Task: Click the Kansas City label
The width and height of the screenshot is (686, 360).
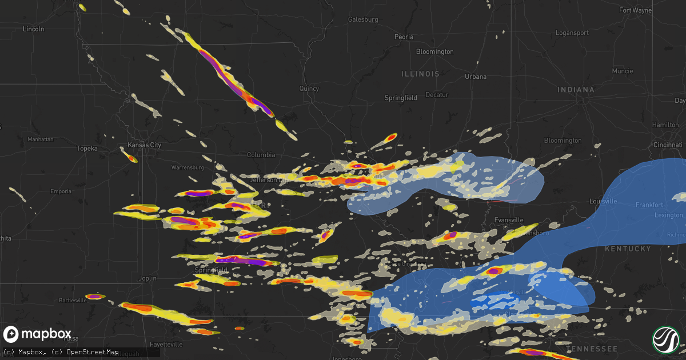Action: [144, 145]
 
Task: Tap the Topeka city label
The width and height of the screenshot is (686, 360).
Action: [87, 149]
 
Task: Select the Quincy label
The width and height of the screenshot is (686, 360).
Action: [309, 89]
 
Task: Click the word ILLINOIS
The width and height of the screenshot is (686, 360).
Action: [420, 74]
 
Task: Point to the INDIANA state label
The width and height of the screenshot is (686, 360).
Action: [576, 90]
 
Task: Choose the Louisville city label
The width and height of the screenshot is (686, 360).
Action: [604, 202]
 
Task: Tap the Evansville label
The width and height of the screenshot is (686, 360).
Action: [508, 220]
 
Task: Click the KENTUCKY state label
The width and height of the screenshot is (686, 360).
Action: [628, 249]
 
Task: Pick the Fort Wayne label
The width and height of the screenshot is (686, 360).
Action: [636, 10]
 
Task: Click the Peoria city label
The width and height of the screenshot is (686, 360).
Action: [404, 37]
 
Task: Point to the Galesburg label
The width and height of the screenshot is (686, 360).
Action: [363, 19]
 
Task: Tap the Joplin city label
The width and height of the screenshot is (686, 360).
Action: [147, 278]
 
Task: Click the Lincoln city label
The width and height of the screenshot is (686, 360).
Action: [33, 29]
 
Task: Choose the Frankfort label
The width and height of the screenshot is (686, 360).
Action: [649, 205]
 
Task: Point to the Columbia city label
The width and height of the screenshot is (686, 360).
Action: [261, 155]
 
